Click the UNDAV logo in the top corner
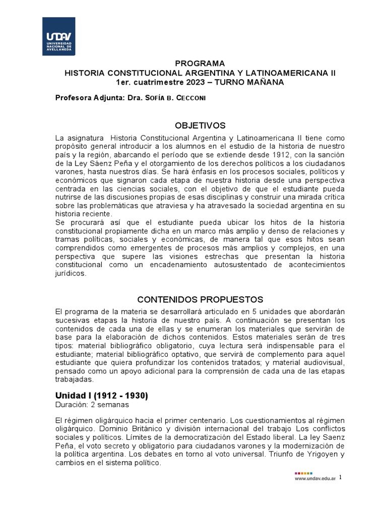point(58,37)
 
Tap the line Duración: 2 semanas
point(92,404)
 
